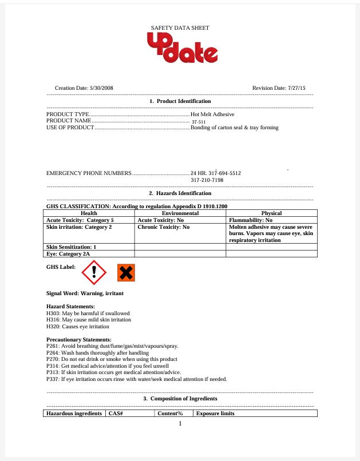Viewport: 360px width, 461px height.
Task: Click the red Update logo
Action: [182, 49]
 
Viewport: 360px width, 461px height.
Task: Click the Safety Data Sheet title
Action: [180, 27]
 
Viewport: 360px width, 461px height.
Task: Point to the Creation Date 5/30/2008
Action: [84, 88]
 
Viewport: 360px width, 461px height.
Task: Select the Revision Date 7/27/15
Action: [279, 88]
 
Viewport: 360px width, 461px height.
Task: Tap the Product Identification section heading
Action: [180, 101]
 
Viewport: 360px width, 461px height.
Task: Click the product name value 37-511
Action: [198, 122]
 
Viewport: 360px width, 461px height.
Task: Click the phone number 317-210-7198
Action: [207, 180]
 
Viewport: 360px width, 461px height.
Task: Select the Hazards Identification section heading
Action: [180, 193]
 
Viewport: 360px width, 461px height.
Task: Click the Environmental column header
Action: [180, 213]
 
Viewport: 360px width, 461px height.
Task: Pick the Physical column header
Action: [271, 213]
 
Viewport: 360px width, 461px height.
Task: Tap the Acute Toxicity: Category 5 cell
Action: [80, 220]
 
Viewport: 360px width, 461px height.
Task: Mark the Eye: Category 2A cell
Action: [68, 253]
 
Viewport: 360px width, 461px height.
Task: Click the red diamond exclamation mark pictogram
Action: [94, 273]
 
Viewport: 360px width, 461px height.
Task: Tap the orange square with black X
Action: [126, 273]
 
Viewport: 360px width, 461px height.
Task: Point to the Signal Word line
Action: [85, 293]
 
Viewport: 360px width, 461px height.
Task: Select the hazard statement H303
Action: [88, 313]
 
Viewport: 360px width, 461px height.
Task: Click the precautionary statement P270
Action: [112, 359]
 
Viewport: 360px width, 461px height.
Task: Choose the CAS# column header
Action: [117, 414]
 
